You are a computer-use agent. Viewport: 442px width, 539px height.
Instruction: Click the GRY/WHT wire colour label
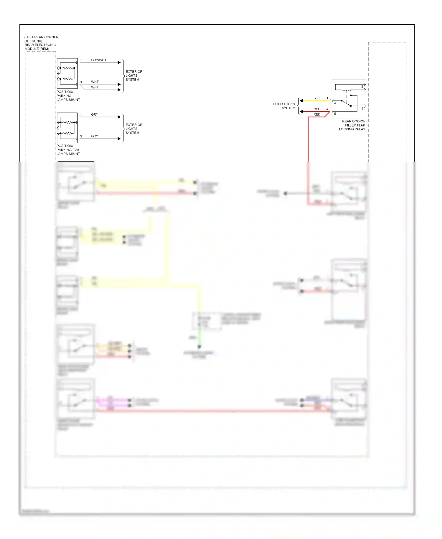point(99,60)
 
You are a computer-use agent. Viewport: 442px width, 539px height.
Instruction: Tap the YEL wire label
point(317,98)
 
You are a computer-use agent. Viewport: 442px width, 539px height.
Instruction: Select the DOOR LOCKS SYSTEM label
point(284,106)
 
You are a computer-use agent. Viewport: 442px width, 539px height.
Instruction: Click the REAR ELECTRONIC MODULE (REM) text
point(40,47)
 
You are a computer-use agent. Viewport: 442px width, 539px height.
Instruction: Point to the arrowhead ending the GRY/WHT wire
point(119,63)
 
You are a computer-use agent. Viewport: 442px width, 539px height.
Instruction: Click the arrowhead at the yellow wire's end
point(301,101)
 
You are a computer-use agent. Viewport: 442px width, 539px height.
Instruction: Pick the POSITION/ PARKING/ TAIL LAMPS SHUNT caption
point(68,150)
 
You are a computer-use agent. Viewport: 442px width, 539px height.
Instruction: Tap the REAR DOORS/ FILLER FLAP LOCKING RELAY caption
point(352,125)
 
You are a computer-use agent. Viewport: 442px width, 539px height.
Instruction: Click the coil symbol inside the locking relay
point(346,90)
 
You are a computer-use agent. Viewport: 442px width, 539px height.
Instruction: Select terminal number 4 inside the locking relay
point(362,109)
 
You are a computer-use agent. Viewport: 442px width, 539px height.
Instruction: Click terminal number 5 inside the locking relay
point(335,114)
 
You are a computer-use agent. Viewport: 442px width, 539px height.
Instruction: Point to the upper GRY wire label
point(95,115)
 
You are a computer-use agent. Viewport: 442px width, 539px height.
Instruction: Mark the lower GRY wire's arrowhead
point(119,139)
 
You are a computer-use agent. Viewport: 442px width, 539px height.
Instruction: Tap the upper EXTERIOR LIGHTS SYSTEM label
point(134,76)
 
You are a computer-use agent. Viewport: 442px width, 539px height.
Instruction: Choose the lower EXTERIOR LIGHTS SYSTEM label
point(134,129)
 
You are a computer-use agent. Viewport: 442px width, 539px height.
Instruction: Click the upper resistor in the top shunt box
point(68,68)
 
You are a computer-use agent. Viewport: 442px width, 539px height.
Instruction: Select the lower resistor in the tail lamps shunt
point(68,133)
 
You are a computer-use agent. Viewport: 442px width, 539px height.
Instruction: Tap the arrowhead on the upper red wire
point(301,112)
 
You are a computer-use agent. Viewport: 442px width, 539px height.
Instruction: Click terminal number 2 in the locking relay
point(362,86)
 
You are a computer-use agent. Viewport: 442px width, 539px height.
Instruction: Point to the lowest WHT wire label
point(95,88)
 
